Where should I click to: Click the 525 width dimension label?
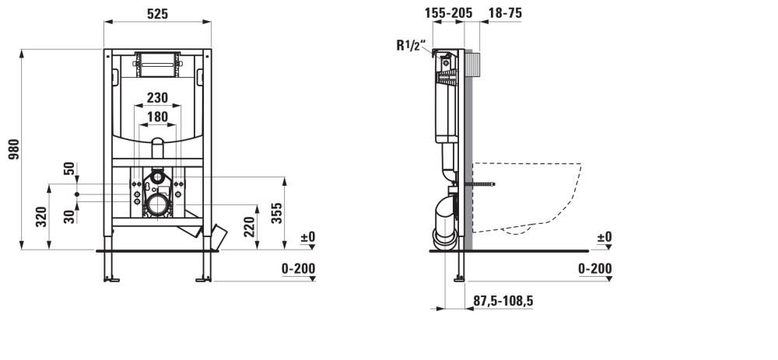tap(157, 14)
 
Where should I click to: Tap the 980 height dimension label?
tap(14, 149)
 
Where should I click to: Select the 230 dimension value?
tap(157, 98)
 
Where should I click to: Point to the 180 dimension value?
tap(157, 117)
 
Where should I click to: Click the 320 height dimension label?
tap(42, 217)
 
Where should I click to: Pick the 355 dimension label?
tap(277, 213)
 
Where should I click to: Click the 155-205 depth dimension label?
tap(449, 13)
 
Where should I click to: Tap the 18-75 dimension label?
tap(505, 13)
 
